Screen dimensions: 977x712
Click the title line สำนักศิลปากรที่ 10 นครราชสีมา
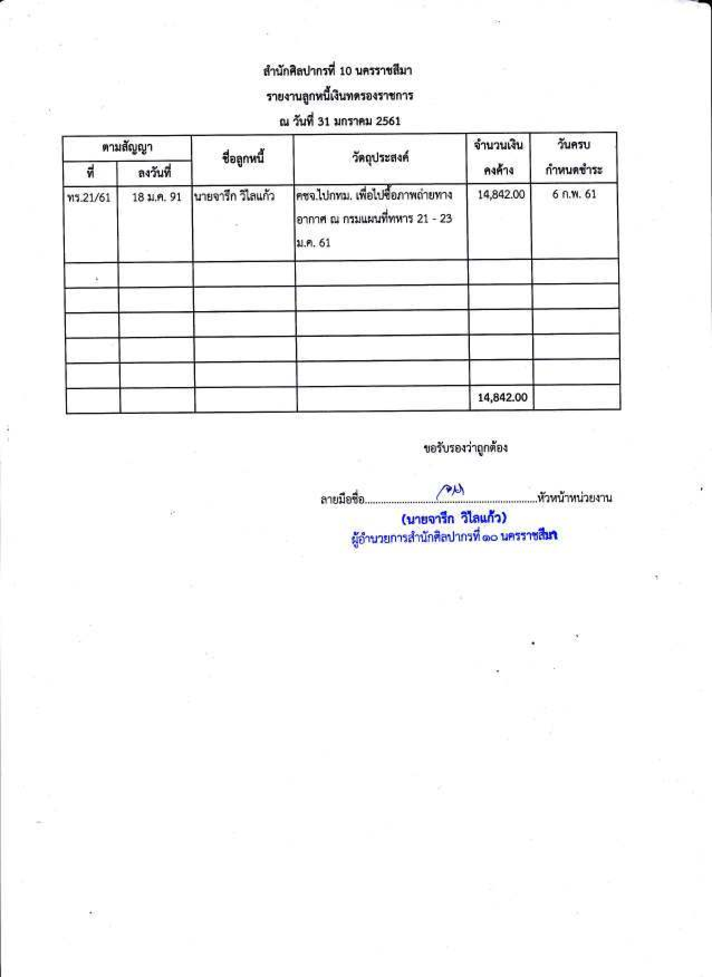(338, 71)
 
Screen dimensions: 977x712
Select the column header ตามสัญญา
(127, 148)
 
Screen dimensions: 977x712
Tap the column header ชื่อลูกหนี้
(243, 159)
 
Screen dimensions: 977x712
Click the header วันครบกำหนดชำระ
(574, 158)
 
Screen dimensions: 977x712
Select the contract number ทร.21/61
(89, 198)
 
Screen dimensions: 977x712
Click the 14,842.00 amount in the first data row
(501, 195)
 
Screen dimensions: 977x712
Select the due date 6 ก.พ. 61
(574, 194)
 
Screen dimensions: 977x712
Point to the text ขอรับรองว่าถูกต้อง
(465, 448)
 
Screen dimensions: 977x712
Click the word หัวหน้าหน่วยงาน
(574, 499)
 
